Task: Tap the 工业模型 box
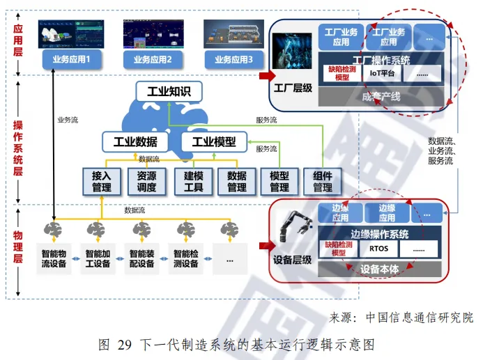pyautogui.click(x=214, y=142)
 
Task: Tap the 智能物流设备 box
pyautogui.click(x=55, y=259)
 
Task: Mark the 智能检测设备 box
pyautogui.click(x=185, y=259)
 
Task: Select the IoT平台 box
pyautogui.click(x=381, y=72)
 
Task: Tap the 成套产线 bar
pyautogui.click(x=381, y=95)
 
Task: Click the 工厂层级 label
pyautogui.click(x=293, y=89)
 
